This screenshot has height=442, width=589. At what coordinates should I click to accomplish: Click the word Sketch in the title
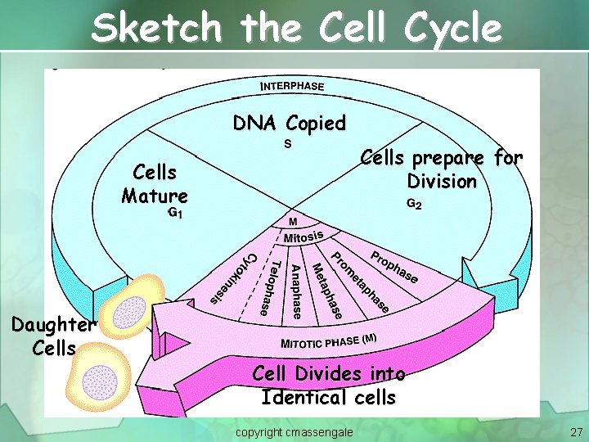155,29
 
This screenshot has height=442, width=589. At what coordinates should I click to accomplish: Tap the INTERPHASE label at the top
292,85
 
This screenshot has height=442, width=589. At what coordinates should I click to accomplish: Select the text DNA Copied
289,124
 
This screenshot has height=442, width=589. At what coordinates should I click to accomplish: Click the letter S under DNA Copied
288,144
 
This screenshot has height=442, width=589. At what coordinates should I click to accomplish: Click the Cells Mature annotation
154,184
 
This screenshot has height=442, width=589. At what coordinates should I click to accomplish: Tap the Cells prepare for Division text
442,169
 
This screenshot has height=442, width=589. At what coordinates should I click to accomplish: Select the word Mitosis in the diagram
304,237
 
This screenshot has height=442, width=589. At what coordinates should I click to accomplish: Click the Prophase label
395,267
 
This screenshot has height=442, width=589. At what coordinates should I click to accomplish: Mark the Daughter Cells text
54,336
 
